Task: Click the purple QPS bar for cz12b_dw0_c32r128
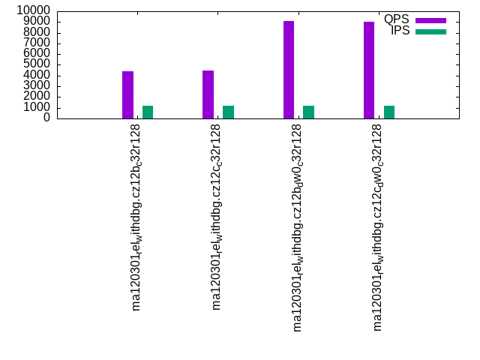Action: coord(289,70)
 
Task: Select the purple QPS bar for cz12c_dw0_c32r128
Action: coord(369,70)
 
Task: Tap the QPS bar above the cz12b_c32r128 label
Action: coord(127,94)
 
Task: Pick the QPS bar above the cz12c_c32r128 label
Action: coord(208,94)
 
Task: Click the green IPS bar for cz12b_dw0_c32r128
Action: coord(308,112)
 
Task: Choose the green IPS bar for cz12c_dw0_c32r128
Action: coord(389,112)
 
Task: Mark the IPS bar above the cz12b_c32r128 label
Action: coord(148,112)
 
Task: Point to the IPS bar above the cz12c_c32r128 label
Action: coord(228,112)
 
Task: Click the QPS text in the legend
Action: coord(397,19)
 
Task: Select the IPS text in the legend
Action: coord(400,31)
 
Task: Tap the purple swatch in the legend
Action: coord(430,20)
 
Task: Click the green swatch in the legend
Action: coord(430,31)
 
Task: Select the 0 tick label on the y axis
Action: coord(47,117)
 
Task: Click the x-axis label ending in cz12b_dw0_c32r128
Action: coord(298,227)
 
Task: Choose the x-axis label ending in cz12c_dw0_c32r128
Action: coord(378,227)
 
